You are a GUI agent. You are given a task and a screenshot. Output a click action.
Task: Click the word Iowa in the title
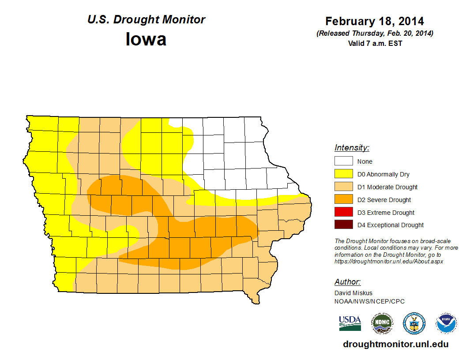pos(146,39)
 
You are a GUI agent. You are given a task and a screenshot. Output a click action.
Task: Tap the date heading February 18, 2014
pos(375,21)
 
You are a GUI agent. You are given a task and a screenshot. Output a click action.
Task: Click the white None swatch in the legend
pos(343,161)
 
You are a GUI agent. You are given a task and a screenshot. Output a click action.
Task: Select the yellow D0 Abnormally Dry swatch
pos(343,174)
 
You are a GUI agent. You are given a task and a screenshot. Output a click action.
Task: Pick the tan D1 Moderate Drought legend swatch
pos(343,187)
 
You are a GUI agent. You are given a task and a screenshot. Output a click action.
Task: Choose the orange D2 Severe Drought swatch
pos(343,200)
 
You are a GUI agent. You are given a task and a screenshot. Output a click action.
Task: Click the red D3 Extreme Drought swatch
pos(343,213)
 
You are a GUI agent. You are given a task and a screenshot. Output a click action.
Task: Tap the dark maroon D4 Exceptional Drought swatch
pos(343,225)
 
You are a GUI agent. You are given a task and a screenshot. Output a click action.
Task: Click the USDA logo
pos(350,323)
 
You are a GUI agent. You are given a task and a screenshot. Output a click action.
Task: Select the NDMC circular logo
pos(382,323)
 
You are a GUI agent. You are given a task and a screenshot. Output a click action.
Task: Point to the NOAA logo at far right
pos(446,323)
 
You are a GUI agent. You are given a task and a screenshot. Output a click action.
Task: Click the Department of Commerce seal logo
pos(414,323)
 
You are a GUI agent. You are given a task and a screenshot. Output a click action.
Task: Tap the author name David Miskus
pos(353,293)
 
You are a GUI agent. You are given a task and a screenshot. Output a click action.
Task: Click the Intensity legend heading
pos(352,148)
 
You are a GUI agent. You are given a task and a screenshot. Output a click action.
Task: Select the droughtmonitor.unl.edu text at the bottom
pos(396,345)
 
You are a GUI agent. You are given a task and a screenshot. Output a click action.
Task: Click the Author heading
pos(347,282)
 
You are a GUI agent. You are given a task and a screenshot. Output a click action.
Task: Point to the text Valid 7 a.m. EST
pos(375,43)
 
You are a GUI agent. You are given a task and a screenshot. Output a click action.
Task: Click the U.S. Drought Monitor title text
pos(146,20)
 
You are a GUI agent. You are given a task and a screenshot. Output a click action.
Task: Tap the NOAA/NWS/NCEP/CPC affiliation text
pos(369,301)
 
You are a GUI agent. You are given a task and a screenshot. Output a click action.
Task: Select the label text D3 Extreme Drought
pos(386,213)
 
